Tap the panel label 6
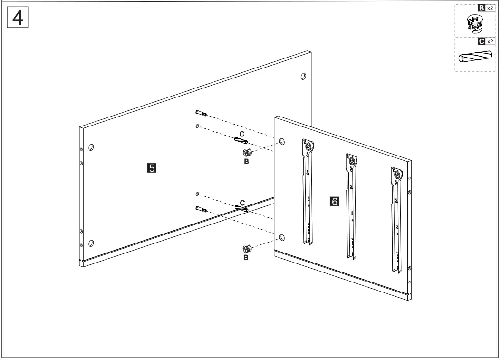coord(335,202)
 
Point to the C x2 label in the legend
coord(485,42)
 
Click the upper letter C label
coord(242,134)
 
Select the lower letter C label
coord(242,203)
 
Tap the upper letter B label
coord(246,161)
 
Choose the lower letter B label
coord(246,258)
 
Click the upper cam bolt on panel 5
coord(200,113)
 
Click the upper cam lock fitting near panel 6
coord(247,152)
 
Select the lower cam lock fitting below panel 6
coord(247,249)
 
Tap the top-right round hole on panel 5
coord(303,76)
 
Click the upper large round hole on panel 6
coord(282,141)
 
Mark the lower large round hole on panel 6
coord(282,236)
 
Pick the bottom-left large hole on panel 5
coord(91,243)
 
